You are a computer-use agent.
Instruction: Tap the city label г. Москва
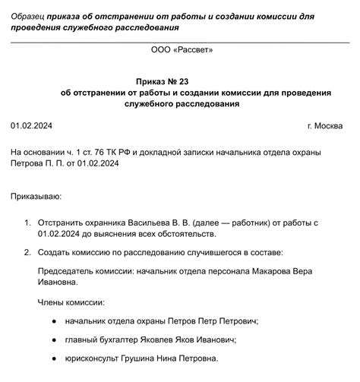coord(325,125)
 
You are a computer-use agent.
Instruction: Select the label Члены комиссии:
coord(71,301)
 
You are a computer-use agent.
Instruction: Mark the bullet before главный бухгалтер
coord(46,339)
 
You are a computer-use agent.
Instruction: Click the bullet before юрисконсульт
coord(46,358)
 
